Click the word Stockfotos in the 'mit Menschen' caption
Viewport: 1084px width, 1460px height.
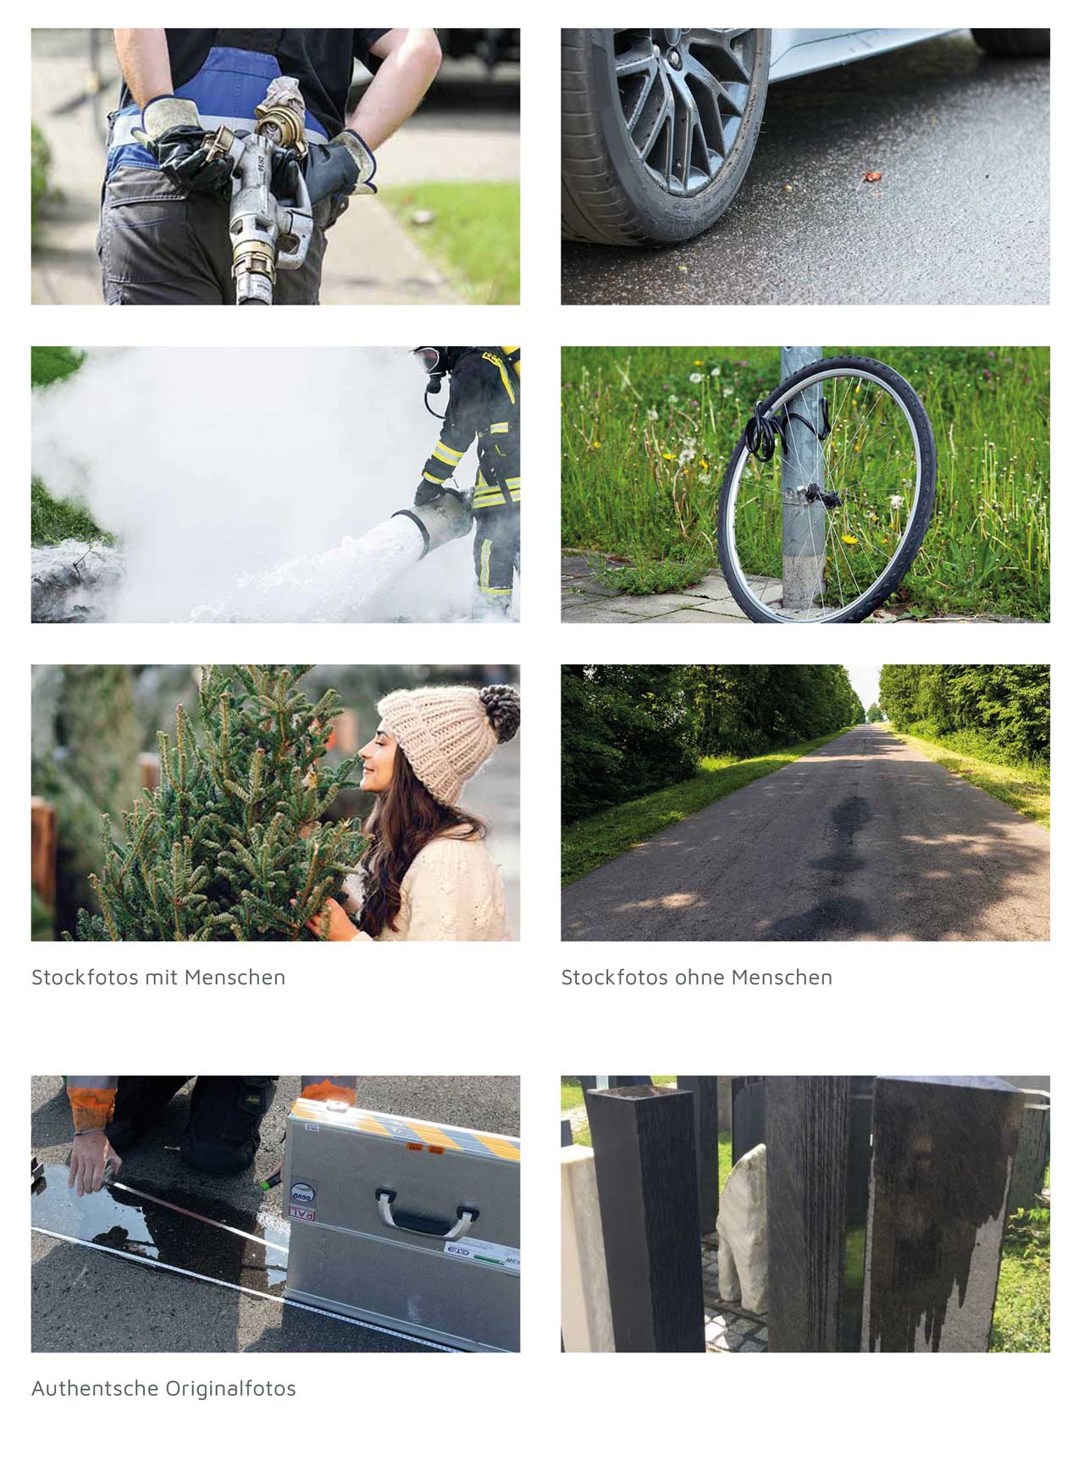85,977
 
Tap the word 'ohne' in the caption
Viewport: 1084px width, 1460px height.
699,977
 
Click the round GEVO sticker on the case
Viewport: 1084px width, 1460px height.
302,1192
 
